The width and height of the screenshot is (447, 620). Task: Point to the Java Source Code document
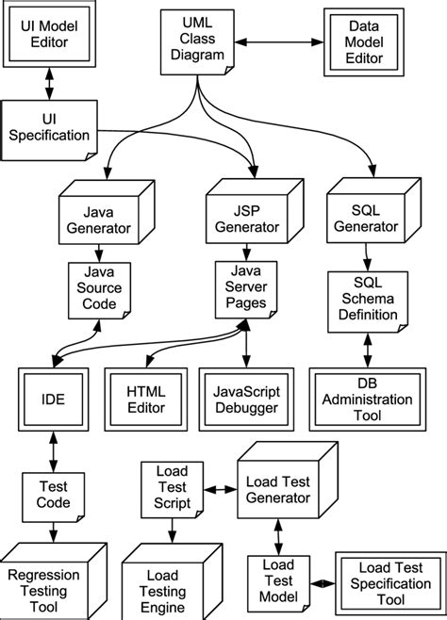(95, 291)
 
